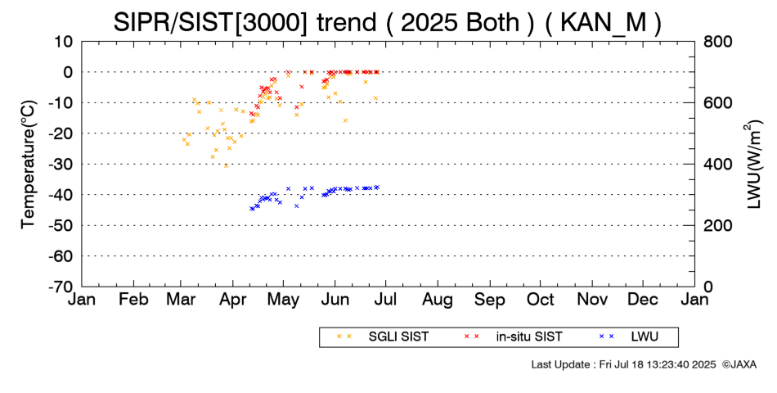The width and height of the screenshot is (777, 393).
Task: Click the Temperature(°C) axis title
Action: click(28, 164)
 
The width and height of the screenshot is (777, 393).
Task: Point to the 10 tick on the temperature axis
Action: click(65, 41)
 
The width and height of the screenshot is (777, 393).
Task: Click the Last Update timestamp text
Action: click(623, 364)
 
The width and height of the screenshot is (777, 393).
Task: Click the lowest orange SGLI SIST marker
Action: click(227, 165)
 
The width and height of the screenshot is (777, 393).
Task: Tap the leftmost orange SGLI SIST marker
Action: click(183, 140)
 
